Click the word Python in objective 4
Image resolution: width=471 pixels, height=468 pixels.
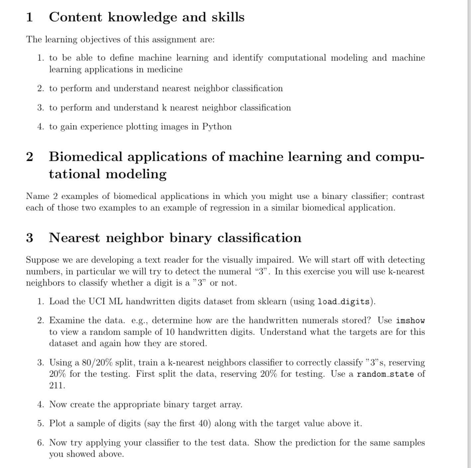click(217, 127)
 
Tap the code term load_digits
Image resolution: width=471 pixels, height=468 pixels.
click(343, 302)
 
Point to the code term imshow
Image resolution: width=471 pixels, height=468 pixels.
click(410, 321)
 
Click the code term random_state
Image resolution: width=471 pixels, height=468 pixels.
click(385, 374)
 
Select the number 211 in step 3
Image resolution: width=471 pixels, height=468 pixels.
click(57, 386)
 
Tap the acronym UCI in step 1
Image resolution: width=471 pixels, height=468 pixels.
click(96, 301)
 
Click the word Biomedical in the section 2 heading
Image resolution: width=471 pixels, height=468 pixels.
click(86, 157)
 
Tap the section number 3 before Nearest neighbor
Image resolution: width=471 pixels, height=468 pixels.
click(30, 238)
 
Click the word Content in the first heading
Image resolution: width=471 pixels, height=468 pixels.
click(75, 17)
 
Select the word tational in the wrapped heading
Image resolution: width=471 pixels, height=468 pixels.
click(74, 174)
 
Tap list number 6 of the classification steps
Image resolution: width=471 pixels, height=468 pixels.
click(40, 443)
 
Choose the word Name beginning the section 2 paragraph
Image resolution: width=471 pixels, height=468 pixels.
click(37, 196)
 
